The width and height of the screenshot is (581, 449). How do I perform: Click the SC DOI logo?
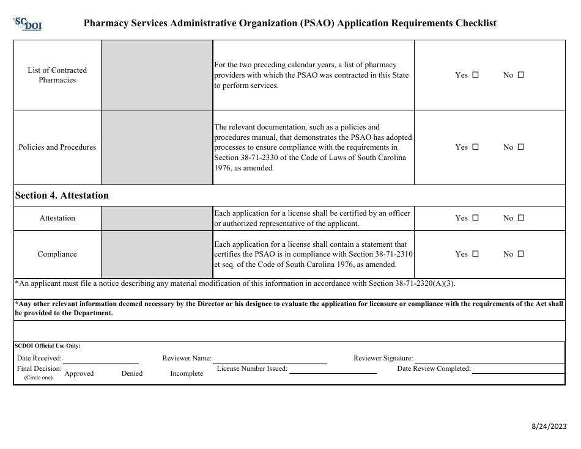coord(28,24)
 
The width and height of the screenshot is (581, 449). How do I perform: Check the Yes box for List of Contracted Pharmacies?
coord(476,75)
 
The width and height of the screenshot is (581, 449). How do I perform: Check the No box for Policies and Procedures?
coord(521,147)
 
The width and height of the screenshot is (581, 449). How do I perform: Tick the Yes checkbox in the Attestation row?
coord(476,218)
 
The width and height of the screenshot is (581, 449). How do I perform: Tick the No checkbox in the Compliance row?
coord(521,254)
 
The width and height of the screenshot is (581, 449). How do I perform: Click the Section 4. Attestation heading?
coord(62,195)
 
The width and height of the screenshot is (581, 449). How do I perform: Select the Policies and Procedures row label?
coord(57,147)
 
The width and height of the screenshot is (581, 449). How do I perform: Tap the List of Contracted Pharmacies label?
coord(57,75)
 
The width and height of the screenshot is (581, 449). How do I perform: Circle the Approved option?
coord(79,373)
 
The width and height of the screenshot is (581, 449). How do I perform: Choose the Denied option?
coord(132,373)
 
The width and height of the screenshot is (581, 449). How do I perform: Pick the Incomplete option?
coord(187,373)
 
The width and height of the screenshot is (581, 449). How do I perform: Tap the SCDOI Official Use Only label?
coord(48,346)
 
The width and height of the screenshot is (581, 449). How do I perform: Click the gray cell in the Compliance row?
coord(157,254)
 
